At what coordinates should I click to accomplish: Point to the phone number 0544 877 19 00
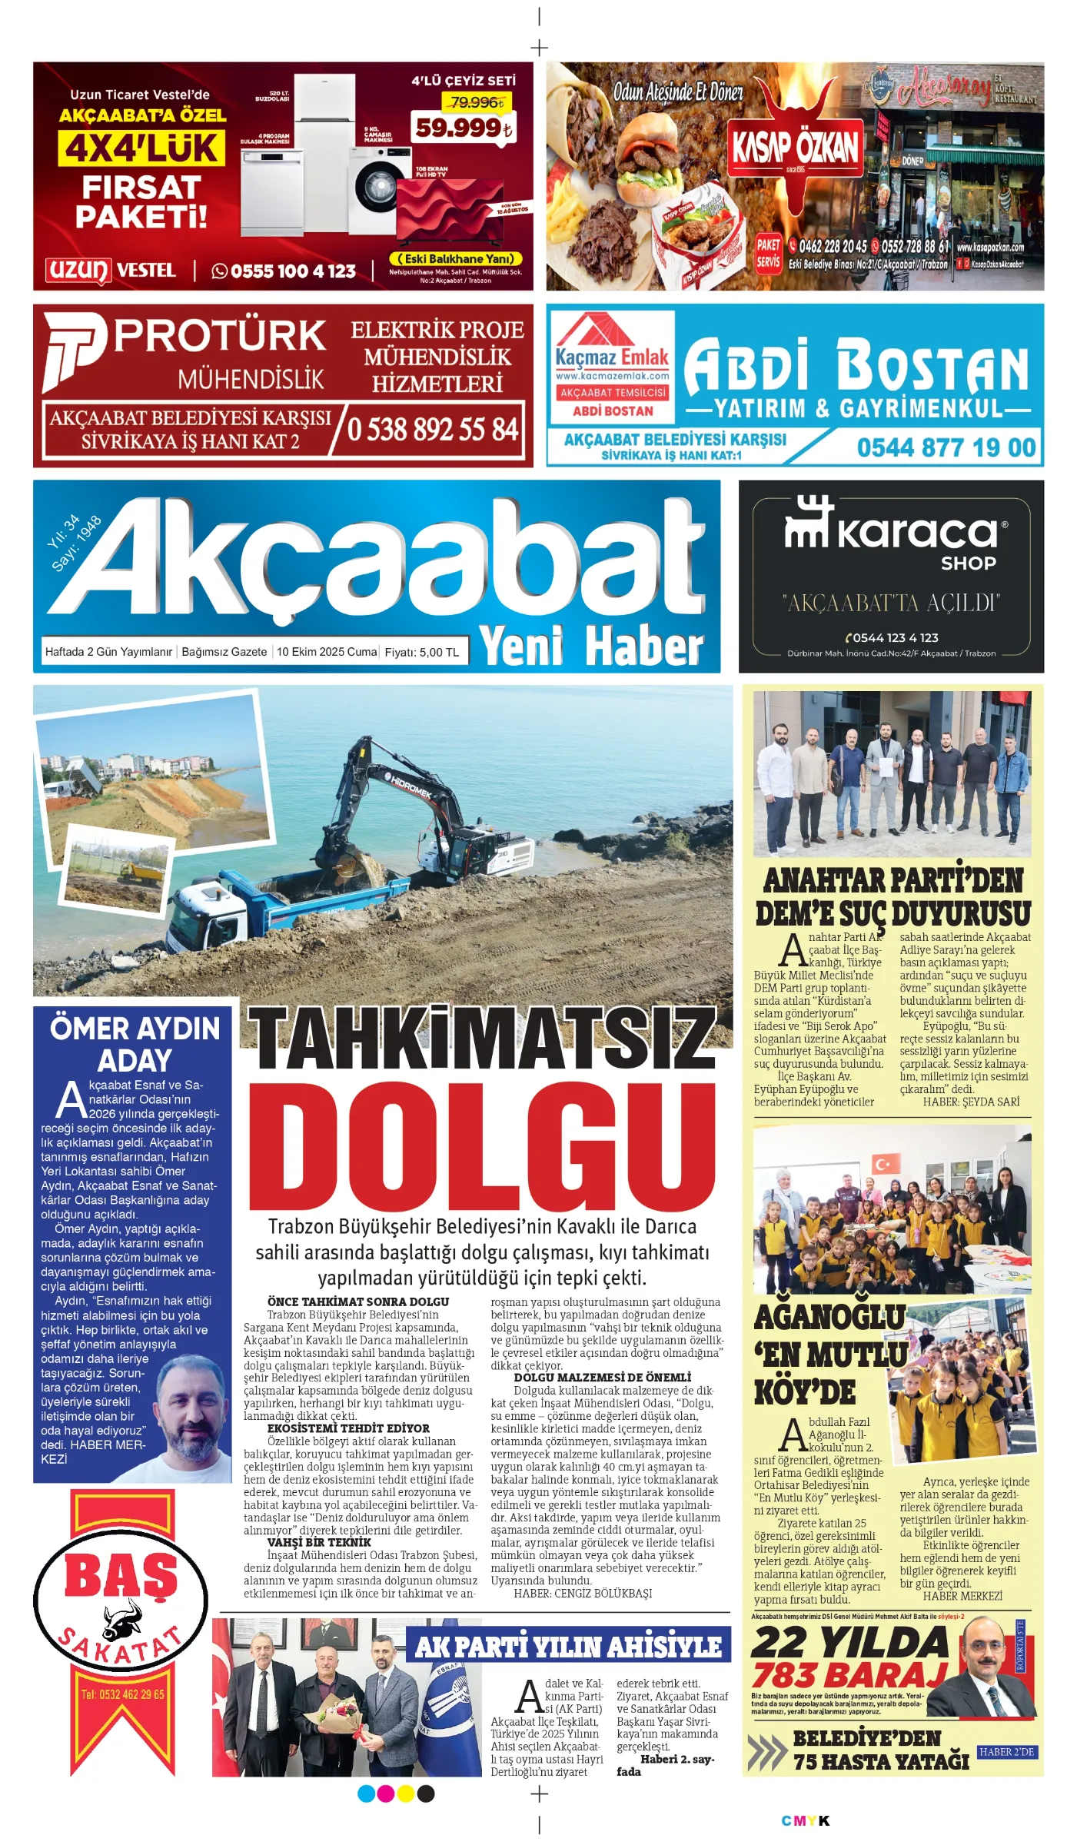coord(946,447)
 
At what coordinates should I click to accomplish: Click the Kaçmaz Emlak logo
coord(612,346)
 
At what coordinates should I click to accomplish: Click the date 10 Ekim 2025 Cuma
coord(327,652)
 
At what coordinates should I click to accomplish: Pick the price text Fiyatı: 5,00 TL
coord(421,652)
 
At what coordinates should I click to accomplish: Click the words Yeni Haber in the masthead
coord(590,646)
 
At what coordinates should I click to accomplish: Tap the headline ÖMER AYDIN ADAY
coord(135,1044)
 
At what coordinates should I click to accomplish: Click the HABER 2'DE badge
coord(1006,1752)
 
